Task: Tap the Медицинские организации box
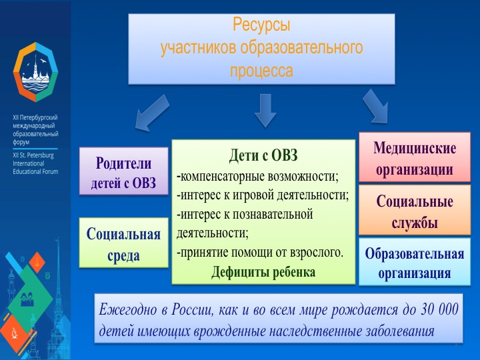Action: [415, 158]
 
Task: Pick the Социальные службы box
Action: [415, 211]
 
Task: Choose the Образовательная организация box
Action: [415, 263]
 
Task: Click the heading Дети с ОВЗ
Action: [263, 155]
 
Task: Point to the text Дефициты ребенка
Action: [263, 272]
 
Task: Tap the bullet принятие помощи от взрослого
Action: [260, 253]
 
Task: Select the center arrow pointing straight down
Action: [265, 109]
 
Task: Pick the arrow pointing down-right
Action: [376, 107]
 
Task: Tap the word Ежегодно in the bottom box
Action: [127, 309]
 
